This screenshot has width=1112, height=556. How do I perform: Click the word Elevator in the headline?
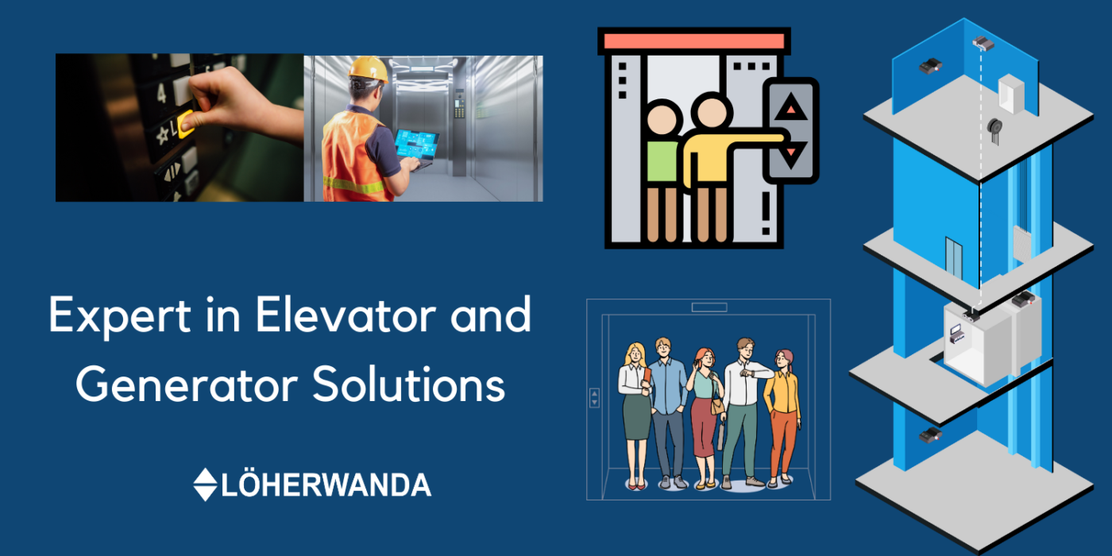point(346,315)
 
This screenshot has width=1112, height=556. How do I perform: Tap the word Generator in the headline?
point(187,385)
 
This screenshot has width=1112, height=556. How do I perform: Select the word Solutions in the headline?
point(409,384)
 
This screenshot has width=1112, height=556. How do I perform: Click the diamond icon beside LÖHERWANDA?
point(205,485)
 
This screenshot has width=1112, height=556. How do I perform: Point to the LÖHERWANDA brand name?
point(326,485)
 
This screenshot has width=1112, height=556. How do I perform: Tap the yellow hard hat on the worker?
point(368,70)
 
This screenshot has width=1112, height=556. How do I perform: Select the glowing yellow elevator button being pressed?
point(186,124)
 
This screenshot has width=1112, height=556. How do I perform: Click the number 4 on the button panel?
point(160,93)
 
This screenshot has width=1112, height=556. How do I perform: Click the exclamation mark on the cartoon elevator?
point(766,214)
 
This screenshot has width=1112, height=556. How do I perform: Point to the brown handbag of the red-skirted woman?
point(717,406)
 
